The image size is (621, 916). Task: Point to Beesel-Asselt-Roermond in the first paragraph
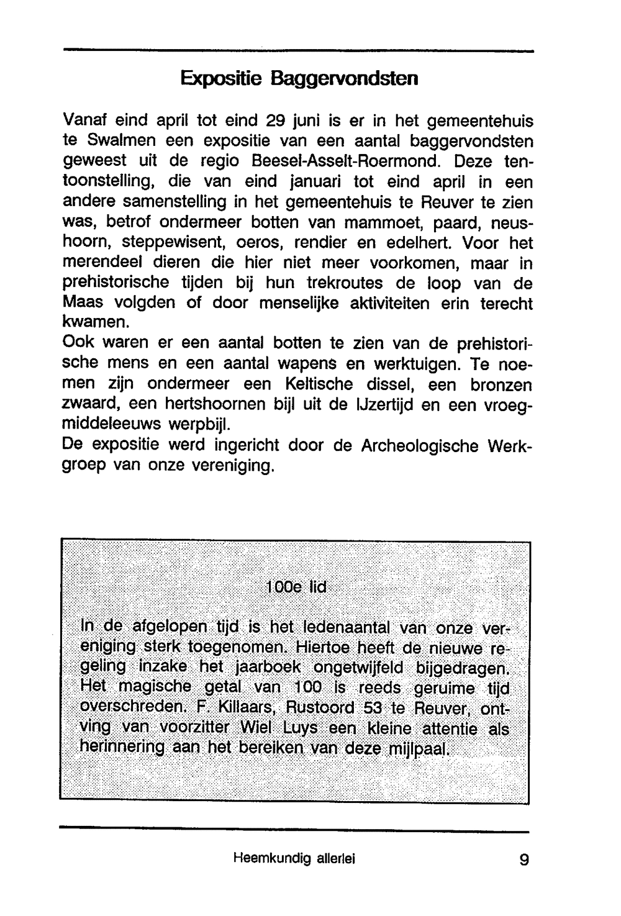coord(345,161)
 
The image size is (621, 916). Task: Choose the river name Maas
coord(84,304)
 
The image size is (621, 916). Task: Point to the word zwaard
coord(90,405)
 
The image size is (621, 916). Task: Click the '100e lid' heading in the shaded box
coord(296,587)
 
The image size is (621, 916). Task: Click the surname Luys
coord(300,728)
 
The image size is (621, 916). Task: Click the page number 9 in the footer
coord(524,860)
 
